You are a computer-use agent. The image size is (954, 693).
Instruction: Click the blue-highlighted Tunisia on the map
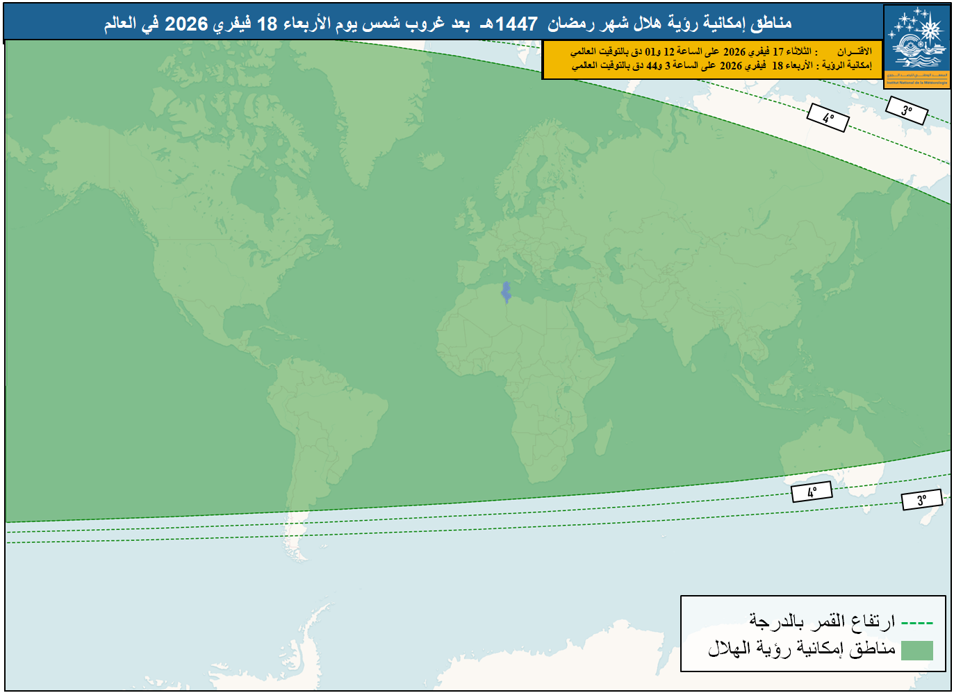pos(507,292)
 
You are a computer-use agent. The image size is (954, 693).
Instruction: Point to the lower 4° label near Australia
pos(812,492)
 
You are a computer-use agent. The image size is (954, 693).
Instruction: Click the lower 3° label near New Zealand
pos(921,499)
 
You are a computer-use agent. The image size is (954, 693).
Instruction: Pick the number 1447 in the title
pos(516,24)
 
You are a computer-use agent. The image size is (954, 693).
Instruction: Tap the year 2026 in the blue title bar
pos(186,24)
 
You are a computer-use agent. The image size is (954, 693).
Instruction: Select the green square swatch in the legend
pos(916,650)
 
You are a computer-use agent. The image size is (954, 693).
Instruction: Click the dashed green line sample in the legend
pos(916,623)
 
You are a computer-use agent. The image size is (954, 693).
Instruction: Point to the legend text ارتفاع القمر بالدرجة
pos(821,621)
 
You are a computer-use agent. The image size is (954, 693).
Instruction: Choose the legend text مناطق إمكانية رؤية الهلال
pos(801,649)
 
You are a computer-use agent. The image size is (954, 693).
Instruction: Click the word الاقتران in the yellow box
pos(854,51)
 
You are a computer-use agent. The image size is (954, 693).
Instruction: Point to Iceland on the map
pos(432,161)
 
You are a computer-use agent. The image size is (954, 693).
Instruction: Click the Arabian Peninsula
pos(611,323)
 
